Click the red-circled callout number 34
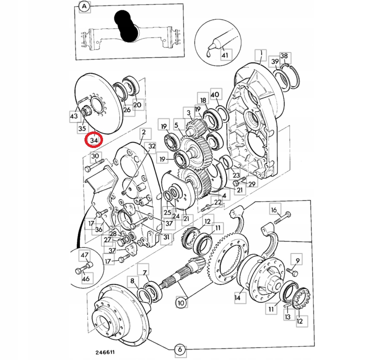tap(94, 140)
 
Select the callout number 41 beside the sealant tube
tap(223, 55)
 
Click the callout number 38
tap(284, 55)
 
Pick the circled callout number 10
tap(180, 302)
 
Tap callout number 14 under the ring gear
tap(237, 298)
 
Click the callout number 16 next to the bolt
tap(273, 209)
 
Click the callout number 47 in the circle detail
tap(84, 255)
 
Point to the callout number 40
tap(215, 95)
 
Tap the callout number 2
tap(143, 132)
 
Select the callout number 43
tap(74, 116)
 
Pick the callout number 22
tap(217, 202)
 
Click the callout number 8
tap(132, 281)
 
